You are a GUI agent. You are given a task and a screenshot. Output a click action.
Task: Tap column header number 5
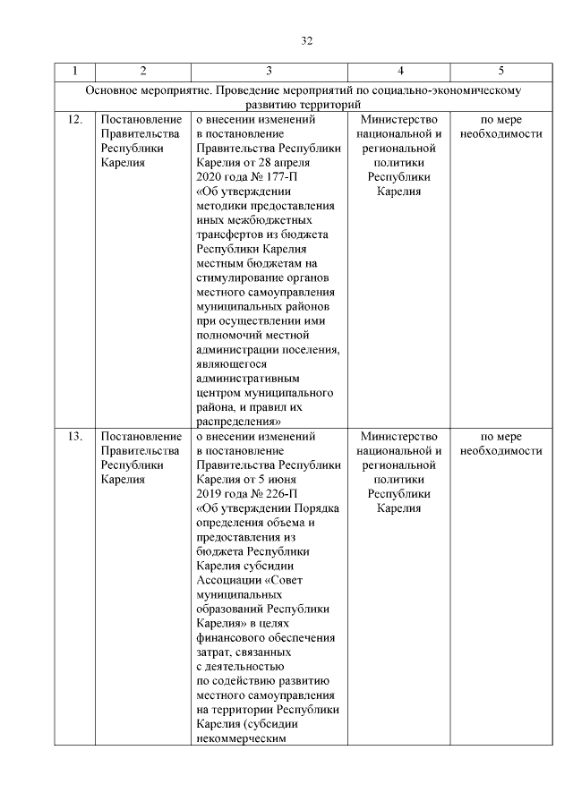(500, 70)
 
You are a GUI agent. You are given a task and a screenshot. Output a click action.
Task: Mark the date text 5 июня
(290, 480)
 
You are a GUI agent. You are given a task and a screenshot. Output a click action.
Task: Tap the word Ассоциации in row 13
(226, 580)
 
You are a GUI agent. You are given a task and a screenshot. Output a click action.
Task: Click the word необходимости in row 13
(500, 451)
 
